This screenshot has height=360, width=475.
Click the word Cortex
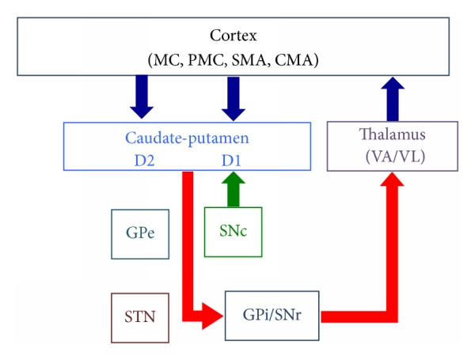(234, 36)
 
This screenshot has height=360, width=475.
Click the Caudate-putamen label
(187, 138)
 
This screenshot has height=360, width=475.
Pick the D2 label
(144, 161)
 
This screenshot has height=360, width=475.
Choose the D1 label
(231, 161)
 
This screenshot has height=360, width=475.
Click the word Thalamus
(393, 135)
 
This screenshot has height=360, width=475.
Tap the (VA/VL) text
(395, 157)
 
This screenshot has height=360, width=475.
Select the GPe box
(140, 234)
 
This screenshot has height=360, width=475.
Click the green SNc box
(234, 233)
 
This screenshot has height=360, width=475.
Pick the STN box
(140, 318)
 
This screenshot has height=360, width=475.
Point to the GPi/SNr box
(272, 316)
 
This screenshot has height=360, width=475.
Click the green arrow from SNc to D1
(234, 189)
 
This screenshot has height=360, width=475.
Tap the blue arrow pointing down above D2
(142, 97)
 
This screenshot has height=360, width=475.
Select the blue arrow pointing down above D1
(234, 98)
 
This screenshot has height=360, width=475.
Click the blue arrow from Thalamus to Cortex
(393, 99)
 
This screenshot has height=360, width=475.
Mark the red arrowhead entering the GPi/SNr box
(213, 316)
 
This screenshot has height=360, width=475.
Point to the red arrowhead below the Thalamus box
(393, 180)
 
